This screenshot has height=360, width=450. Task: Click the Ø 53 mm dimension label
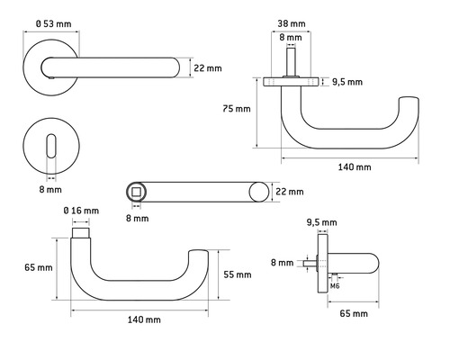pos(54,23)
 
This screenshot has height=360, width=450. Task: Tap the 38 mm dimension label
pos(292,23)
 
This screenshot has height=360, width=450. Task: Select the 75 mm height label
pos(237,109)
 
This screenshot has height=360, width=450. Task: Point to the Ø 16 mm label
pos(81,211)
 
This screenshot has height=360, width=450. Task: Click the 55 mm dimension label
pos(238,274)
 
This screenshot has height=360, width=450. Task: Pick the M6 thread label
pos(335,286)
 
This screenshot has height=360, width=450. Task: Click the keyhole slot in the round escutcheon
pos(51,146)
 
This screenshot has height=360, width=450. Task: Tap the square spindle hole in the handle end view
pos(137,192)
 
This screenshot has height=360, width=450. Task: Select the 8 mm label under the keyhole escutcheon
pos(50,190)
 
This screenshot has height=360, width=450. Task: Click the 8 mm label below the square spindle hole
pos(137,218)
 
